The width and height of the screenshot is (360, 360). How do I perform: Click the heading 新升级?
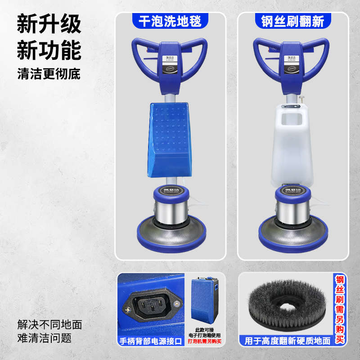pos(49,24)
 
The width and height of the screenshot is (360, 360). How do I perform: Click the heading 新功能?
pos(49,50)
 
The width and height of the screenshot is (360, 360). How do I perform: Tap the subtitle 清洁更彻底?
pos(49,74)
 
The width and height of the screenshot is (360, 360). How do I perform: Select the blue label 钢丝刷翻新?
pos(292,21)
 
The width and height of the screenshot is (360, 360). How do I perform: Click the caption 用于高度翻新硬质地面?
pos(288,342)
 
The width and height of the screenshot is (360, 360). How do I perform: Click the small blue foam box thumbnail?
pos(203,299)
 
